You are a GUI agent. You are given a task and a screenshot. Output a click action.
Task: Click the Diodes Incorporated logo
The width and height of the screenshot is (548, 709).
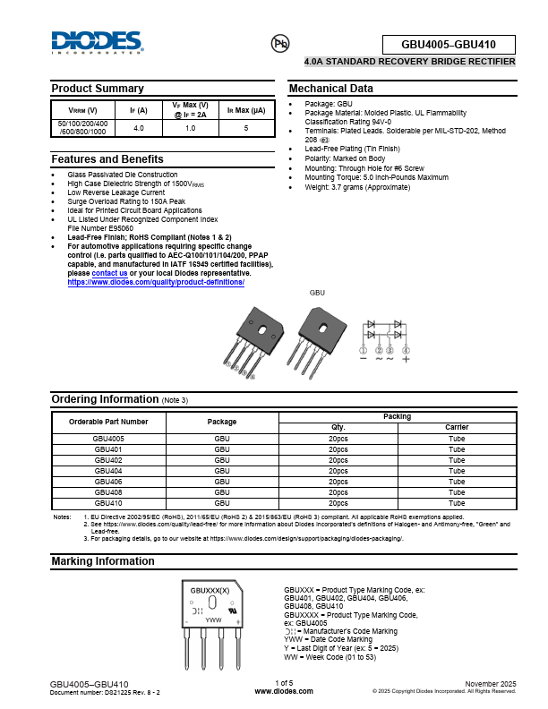point(97,42)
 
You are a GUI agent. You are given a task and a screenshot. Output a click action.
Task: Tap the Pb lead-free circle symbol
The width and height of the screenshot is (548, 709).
point(280,42)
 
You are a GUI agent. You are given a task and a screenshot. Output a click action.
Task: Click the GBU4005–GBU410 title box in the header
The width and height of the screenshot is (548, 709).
point(449,45)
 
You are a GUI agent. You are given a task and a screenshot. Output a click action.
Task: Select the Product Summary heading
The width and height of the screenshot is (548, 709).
point(97,89)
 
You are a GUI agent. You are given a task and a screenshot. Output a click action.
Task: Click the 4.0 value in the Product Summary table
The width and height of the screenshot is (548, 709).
point(138,129)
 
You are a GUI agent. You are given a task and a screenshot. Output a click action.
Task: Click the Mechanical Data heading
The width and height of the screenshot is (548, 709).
point(330,89)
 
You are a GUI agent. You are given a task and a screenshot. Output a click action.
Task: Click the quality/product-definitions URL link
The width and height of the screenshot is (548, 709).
point(156,282)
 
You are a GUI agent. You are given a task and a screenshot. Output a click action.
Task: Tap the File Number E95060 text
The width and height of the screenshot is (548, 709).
point(100,227)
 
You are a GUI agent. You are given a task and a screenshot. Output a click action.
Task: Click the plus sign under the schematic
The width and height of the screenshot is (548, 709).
point(406,358)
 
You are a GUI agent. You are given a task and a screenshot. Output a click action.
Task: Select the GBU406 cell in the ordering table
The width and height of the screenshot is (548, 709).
point(107,482)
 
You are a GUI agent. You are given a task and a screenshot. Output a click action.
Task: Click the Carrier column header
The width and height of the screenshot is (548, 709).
point(457,427)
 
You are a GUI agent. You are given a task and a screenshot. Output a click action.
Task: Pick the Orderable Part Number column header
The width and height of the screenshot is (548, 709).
point(108,421)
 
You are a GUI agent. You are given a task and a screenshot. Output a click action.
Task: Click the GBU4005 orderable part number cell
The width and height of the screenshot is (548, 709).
point(108,439)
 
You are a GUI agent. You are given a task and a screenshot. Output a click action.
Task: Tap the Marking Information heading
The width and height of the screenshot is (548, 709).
point(102,561)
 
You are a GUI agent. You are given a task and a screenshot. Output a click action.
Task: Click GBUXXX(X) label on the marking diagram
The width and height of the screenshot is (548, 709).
point(210,591)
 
